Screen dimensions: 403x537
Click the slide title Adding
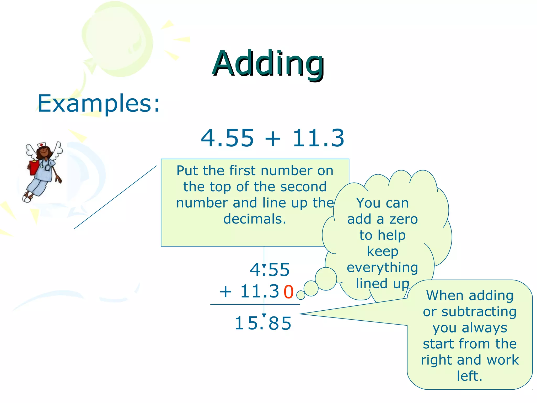coord(268,64)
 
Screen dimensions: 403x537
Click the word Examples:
coord(99,104)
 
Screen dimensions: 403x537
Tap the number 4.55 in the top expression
coord(227,138)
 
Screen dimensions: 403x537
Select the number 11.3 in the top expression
coord(318,138)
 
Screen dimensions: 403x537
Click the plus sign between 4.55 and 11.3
coord(273,139)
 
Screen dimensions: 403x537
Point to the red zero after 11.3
coord(288,292)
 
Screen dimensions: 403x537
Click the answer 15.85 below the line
coord(263,323)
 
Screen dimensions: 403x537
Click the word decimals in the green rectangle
coord(254,219)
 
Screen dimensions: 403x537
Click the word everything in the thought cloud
coord(382,268)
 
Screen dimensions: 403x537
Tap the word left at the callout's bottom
coord(469,376)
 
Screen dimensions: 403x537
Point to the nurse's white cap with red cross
coord(41,145)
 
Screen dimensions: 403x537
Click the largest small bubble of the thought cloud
coord(326,279)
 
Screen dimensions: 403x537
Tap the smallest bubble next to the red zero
coord(301,295)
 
